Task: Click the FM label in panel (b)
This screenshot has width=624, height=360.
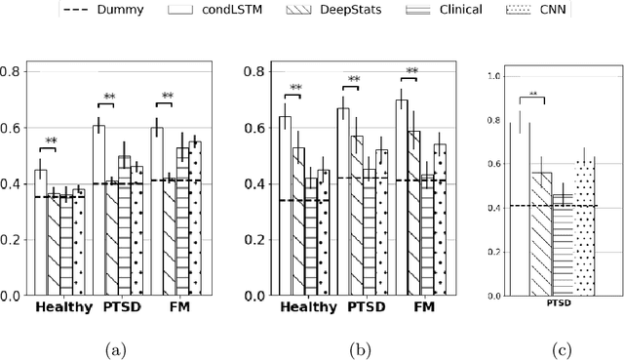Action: [x=424, y=307]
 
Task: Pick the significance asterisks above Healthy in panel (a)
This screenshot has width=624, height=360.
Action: [x=50, y=142]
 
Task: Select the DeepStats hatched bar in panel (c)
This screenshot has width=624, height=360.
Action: [x=541, y=234]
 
